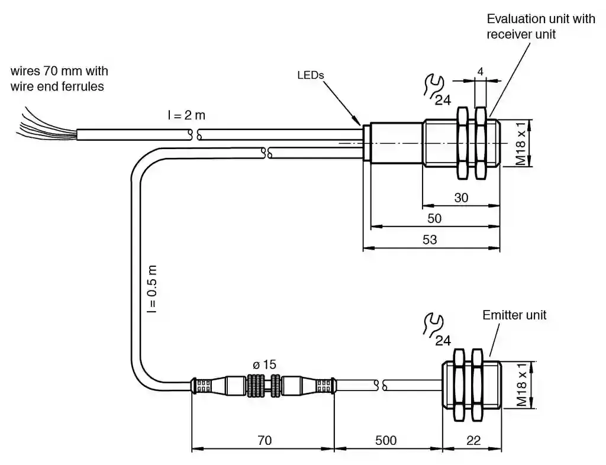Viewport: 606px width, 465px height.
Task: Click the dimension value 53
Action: [430, 240]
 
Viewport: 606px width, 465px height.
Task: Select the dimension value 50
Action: [434, 218]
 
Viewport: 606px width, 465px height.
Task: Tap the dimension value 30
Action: [460, 198]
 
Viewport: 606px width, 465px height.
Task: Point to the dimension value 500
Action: [385, 441]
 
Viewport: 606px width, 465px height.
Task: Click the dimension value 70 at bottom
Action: [264, 441]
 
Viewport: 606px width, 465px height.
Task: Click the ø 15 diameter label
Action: [265, 364]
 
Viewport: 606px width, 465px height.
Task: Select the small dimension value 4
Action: [481, 72]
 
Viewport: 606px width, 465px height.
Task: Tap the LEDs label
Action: [311, 75]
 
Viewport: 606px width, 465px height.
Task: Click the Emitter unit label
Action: [514, 315]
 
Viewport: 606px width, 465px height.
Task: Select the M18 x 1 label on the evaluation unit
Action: [521, 144]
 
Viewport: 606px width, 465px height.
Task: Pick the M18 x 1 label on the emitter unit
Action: [521, 385]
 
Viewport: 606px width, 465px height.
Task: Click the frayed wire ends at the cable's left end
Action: [41, 125]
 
